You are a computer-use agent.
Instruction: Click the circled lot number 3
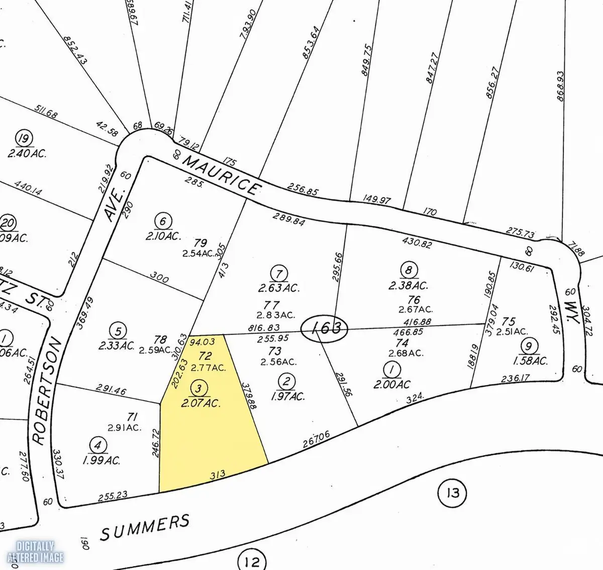coord(199,388)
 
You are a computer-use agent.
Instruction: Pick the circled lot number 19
coord(23,138)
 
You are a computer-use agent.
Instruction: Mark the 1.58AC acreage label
coord(530,361)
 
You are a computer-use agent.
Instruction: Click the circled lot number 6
coord(164,221)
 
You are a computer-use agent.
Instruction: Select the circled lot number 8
coord(409,270)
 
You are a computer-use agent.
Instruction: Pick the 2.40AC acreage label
coord(27,154)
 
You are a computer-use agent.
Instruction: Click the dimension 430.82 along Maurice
coord(417,243)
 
